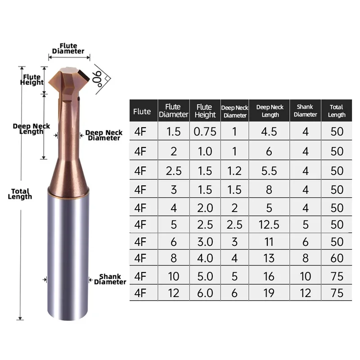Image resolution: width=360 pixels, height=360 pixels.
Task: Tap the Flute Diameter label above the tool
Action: point(68,49)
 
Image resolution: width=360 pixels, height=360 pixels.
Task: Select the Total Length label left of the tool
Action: point(20,194)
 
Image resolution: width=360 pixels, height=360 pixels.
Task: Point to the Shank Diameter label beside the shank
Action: point(110,279)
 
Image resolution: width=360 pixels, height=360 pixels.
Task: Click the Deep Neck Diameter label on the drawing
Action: point(103,135)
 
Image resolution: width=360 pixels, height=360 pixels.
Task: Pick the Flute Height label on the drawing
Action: point(32,80)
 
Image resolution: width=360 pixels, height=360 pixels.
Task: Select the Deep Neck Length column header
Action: point(270,111)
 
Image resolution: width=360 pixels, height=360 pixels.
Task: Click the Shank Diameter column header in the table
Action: point(306,111)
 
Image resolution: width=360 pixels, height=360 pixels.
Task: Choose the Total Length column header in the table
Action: point(337,111)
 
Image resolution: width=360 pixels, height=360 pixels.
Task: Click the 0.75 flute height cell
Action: point(205,131)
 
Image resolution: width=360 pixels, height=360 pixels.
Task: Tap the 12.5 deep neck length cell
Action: point(270,223)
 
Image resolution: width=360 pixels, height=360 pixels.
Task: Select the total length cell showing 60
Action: point(337,259)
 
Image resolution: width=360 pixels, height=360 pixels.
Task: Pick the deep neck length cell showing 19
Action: point(270,293)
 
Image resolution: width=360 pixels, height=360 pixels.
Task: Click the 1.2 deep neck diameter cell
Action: point(235,171)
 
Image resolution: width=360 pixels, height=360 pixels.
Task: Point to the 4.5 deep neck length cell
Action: point(270,131)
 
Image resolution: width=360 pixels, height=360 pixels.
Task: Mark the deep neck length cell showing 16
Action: point(270,276)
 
